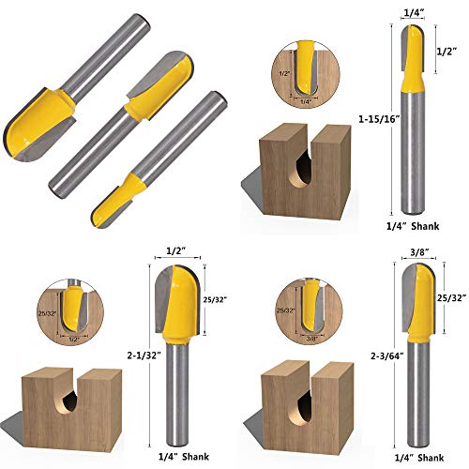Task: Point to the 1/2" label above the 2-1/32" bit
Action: click(x=174, y=251)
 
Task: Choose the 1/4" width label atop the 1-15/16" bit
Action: click(x=413, y=11)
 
